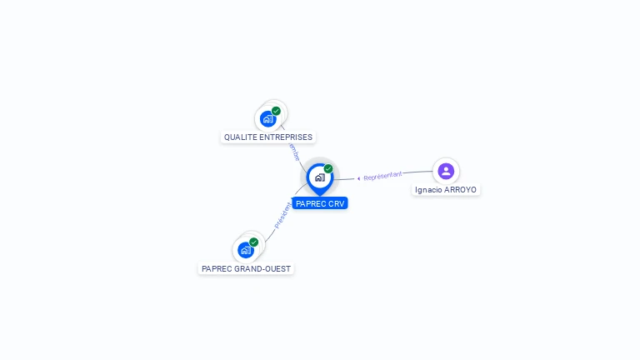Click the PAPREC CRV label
click(x=320, y=203)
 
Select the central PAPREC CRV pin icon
click(x=319, y=177)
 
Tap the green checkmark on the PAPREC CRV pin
click(x=328, y=169)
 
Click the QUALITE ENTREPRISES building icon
click(x=267, y=118)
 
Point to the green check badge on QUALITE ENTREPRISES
click(x=276, y=111)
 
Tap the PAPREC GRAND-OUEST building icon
click(x=245, y=250)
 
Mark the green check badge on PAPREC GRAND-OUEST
click(x=253, y=242)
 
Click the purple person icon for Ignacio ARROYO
click(x=446, y=171)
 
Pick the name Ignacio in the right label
click(x=428, y=190)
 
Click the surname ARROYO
click(x=460, y=190)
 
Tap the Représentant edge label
click(x=382, y=176)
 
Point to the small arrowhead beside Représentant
click(x=358, y=177)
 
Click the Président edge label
click(x=283, y=215)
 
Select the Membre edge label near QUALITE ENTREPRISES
click(x=292, y=152)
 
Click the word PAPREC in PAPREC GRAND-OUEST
click(x=217, y=269)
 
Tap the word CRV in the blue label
click(x=336, y=203)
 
